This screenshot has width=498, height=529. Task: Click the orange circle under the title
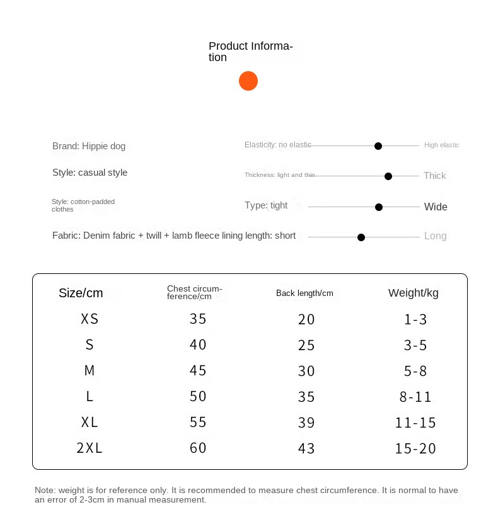[x=248, y=81]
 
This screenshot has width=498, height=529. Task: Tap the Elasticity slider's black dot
[x=378, y=145]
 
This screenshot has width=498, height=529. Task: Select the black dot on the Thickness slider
[x=388, y=176]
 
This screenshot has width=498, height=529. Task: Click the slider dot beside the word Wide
[x=379, y=207]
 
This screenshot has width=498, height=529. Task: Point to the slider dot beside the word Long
[x=361, y=237]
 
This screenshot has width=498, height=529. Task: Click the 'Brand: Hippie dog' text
[x=89, y=146]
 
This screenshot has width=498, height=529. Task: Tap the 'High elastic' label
[x=441, y=145]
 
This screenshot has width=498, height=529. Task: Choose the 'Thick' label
[x=434, y=176]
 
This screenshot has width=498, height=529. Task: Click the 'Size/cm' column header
[x=81, y=293]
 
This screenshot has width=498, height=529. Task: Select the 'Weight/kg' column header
[x=413, y=293]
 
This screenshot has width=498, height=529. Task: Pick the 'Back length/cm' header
[x=304, y=293]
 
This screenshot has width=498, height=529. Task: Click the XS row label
[x=90, y=319]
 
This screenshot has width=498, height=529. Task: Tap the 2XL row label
[x=90, y=448]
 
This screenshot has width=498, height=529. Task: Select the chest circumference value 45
[x=198, y=371]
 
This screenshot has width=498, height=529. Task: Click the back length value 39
[x=306, y=423]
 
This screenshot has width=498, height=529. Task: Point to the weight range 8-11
[x=415, y=397]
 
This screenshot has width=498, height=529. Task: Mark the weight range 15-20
[x=415, y=448]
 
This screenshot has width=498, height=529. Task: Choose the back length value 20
[x=306, y=319]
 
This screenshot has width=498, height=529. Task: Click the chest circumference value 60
[x=198, y=448]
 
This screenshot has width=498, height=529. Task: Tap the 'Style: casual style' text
[x=90, y=173]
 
